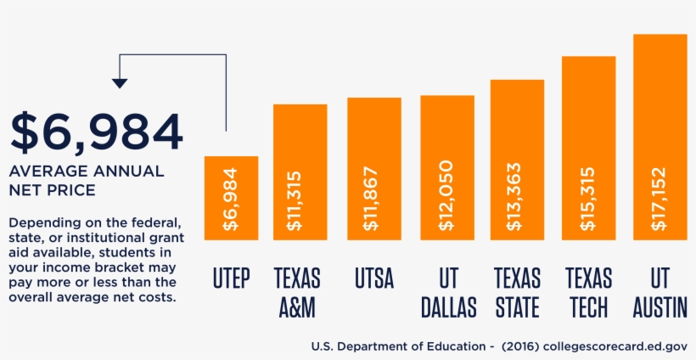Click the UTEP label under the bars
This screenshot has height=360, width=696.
(231, 278)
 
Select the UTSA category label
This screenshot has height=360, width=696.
(373, 278)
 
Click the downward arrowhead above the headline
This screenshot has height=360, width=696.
(120, 83)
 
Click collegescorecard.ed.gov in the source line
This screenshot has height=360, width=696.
(617, 346)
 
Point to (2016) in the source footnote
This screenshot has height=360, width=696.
(520, 346)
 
